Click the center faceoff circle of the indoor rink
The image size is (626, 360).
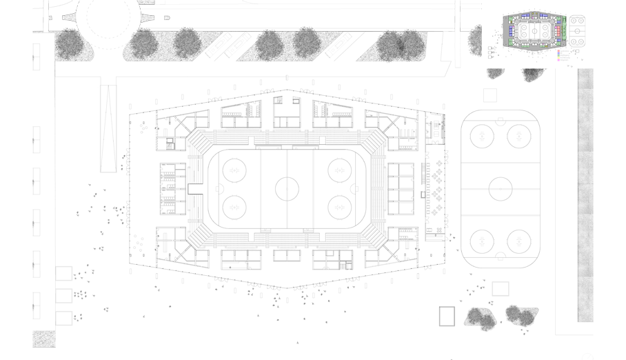[287, 187]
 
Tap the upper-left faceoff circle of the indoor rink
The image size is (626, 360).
[234, 169]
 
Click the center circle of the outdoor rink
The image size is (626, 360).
[499, 187]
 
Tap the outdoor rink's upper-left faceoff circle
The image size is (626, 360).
[481, 136]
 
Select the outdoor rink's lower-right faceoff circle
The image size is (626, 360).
[518, 241]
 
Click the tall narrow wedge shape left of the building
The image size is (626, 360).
[108, 128]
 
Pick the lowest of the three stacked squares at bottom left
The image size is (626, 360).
[64, 318]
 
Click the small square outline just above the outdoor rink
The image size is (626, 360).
[490, 95]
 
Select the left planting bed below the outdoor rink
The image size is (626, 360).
[481, 317]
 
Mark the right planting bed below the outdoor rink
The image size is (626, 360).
[522, 316]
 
